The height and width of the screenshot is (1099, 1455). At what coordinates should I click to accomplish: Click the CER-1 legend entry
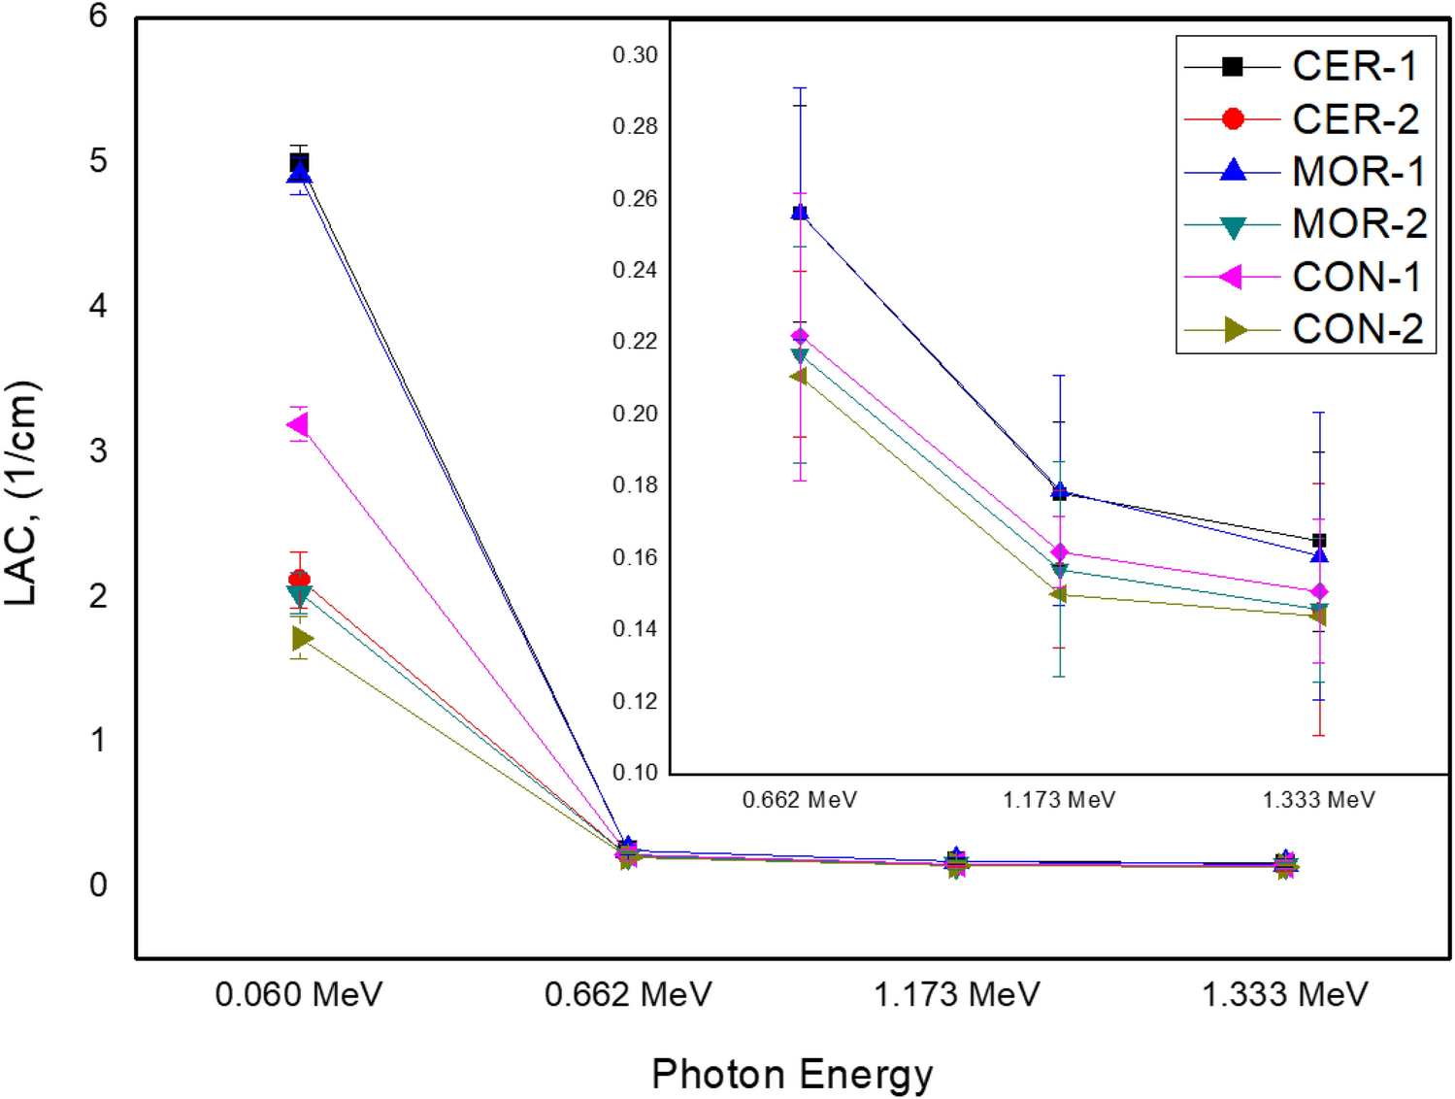[x=1353, y=66]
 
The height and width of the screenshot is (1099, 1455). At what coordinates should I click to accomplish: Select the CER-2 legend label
[x=1355, y=118]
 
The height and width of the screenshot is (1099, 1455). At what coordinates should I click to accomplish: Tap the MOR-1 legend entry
[x=1357, y=172]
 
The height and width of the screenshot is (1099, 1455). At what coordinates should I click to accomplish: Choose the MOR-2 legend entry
[x=1358, y=224]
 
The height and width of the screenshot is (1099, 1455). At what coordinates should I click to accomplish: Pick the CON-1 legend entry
[x=1356, y=277]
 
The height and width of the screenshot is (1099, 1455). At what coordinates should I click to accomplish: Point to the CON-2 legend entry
[x=1357, y=329]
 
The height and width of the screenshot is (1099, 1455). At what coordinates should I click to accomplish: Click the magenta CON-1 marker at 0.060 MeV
[x=298, y=424]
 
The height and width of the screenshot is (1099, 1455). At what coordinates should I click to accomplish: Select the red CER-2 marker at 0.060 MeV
[x=299, y=579]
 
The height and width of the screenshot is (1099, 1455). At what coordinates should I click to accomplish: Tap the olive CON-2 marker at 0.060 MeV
[x=302, y=638]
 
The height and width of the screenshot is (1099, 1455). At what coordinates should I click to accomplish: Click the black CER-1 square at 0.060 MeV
[x=299, y=161]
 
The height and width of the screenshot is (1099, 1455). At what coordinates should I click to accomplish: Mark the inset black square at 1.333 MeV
[x=1318, y=541]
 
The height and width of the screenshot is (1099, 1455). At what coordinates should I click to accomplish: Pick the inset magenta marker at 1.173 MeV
[x=1059, y=551]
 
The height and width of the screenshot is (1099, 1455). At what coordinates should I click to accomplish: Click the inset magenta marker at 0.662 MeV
[x=800, y=336]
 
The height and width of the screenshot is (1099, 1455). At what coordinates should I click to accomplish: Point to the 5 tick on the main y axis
[x=98, y=161]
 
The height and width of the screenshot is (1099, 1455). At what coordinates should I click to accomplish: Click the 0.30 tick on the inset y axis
[x=635, y=55]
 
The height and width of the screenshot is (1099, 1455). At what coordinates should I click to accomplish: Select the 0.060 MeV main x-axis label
[x=299, y=994]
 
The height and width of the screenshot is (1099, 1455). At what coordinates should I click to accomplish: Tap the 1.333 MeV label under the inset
[x=1318, y=800]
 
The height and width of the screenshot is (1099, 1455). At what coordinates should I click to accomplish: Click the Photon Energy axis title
[x=792, y=1075]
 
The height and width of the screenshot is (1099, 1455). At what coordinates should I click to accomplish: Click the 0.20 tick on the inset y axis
[x=635, y=414]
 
